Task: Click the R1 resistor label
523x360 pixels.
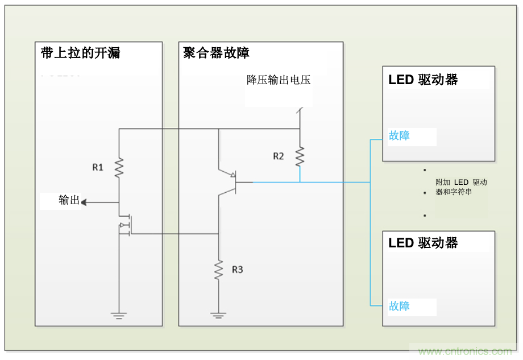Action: (98, 167)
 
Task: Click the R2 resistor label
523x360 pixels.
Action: (278, 156)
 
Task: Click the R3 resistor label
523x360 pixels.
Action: (237, 269)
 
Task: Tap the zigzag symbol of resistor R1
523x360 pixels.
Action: (119, 168)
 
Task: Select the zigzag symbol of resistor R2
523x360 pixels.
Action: (300, 156)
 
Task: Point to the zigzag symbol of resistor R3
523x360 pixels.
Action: (218, 270)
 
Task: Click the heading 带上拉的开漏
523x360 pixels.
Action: (80, 53)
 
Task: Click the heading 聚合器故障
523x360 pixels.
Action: (216, 53)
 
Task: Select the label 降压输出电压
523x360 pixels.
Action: (279, 80)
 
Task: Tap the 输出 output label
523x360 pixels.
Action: (69, 200)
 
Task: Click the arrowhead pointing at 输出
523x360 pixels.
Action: (84, 201)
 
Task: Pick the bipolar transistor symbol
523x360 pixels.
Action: (229, 182)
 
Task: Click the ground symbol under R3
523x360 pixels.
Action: (218, 314)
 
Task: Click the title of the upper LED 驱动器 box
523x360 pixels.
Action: (423, 80)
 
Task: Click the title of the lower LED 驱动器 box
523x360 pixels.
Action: (423, 243)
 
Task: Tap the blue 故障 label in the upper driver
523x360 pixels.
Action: (399, 136)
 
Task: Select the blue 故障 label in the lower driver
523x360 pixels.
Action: (399, 307)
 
